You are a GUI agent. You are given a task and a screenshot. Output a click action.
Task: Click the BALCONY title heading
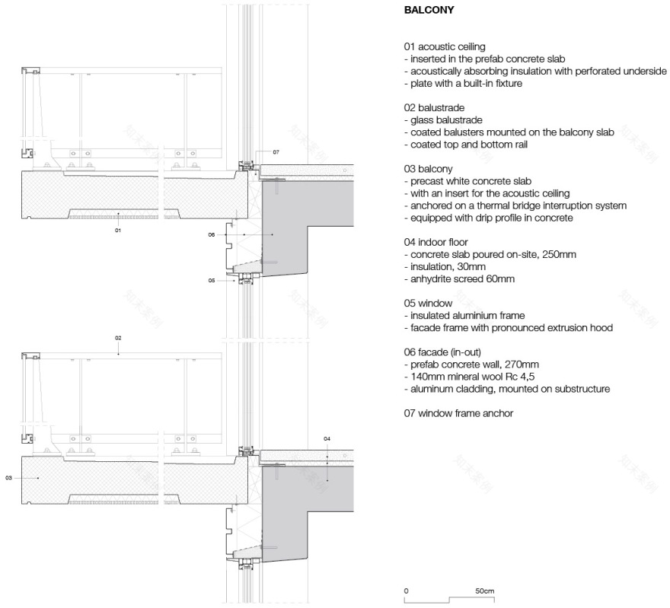(x=429, y=11)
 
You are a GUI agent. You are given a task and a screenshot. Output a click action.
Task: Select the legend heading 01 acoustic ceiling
(x=445, y=47)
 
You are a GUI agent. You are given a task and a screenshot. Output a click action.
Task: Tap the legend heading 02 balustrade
(x=434, y=108)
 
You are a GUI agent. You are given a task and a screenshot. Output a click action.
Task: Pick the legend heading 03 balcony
(x=429, y=169)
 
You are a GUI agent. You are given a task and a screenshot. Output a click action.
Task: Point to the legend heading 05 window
(x=429, y=303)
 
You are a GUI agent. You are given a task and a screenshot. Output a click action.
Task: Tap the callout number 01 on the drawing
(x=118, y=229)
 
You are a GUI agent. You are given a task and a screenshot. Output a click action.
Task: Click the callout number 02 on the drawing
(x=118, y=337)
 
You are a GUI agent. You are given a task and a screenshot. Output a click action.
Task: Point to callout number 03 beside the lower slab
(x=8, y=477)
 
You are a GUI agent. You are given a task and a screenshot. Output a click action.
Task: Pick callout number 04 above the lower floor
(x=327, y=439)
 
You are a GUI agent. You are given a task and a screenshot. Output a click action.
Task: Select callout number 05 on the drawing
(x=212, y=280)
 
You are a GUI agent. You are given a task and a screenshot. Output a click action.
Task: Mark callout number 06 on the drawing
(x=212, y=234)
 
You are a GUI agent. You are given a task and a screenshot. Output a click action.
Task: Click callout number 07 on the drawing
(x=276, y=152)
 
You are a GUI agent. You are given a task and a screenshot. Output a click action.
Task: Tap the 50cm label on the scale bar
(x=485, y=590)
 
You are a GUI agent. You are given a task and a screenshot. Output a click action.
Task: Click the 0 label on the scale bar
(x=407, y=590)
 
